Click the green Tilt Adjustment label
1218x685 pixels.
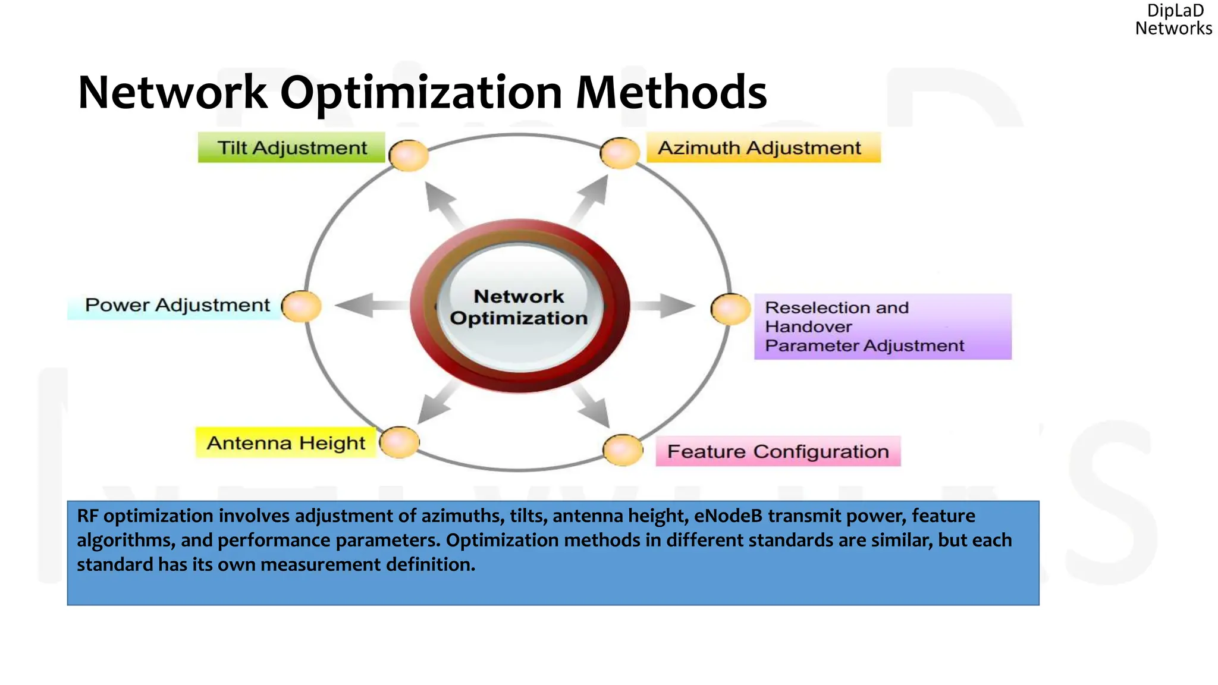[x=291, y=147]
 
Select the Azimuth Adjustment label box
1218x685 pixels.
[x=762, y=147]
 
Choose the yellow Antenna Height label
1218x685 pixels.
[x=285, y=443]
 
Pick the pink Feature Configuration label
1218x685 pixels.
[x=778, y=451]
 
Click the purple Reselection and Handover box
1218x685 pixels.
[x=883, y=326]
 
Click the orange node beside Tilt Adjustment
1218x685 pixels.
[x=409, y=156]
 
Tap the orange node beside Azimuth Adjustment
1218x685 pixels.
[x=620, y=153]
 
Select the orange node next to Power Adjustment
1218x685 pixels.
[x=302, y=307]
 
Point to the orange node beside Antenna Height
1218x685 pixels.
[x=400, y=442]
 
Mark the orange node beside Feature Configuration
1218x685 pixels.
[x=623, y=450]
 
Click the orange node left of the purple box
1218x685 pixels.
[x=730, y=309]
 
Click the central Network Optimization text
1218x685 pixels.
[x=519, y=307]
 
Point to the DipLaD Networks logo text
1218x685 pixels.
[x=1173, y=20]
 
